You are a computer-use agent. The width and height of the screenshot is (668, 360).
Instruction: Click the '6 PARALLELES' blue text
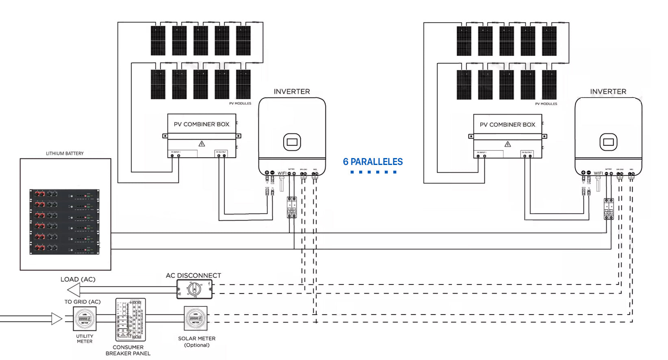pyautogui.click(x=373, y=162)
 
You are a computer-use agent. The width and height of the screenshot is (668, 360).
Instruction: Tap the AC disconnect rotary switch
pyautogui.click(x=194, y=290)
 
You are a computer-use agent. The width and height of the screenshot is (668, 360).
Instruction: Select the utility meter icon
pyautogui.click(x=85, y=319)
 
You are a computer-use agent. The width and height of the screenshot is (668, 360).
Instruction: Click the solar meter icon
pyautogui.click(x=196, y=319)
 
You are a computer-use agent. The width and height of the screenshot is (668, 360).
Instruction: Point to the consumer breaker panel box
pyautogui.click(x=130, y=320)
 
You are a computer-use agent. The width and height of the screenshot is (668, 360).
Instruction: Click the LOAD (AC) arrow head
pyautogui.click(x=74, y=290)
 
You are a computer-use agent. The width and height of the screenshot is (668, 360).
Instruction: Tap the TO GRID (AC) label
pyautogui.click(x=82, y=302)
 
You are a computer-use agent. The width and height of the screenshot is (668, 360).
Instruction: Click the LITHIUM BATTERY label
pyautogui.click(x=65, y=154)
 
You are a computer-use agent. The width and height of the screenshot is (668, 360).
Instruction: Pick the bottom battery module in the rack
pyautogui.click(x=64, y=248)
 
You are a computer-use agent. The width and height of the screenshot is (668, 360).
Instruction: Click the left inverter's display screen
pyautogui.click(x=292, y=142)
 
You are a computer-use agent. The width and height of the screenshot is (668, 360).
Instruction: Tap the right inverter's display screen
pyautogui.click(x=608, y=142)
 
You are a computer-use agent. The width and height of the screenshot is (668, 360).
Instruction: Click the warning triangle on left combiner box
pyautogui.click(x=202, y=144)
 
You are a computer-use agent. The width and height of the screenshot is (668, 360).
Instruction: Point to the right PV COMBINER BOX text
pyautogui.click(x=508, y=125)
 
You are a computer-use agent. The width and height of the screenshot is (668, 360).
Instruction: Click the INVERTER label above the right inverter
pyautogui.click(x=608, y=92)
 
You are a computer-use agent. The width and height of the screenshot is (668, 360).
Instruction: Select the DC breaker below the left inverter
pyautogui.click(x=291, y=207)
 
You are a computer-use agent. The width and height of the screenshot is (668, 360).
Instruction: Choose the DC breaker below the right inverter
pyautogui.click(x=609, y=209)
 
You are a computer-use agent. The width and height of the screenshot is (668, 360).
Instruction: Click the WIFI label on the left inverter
pyautogui.click(x=282, y=173)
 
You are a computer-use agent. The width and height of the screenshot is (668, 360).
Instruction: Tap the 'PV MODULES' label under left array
pyautogui.click(x=240, y=104)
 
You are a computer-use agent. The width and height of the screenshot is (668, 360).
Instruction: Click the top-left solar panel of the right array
pyautogui.click(x=464, y=41)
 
